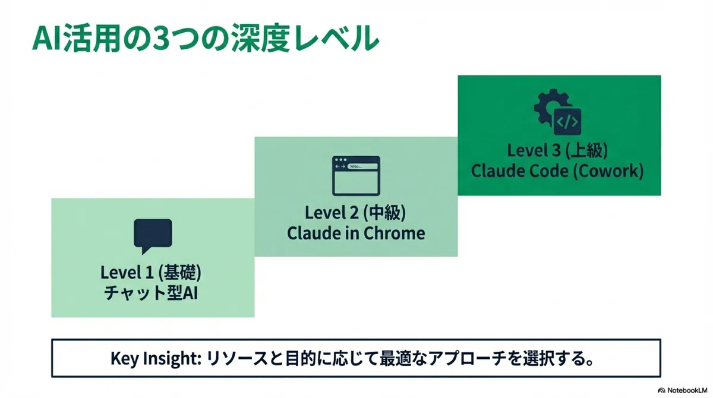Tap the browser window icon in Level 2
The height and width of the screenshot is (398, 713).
coord(356,176)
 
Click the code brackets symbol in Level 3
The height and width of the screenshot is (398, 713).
coord(567,122)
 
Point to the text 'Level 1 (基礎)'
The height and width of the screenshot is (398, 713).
coord(151,273)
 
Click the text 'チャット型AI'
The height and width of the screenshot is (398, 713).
coord(151,293)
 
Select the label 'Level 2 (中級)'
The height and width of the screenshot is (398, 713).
coord(355,213)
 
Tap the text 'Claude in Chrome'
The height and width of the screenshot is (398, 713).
coord(356,233)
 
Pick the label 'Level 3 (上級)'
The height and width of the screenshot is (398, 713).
coord(557,150)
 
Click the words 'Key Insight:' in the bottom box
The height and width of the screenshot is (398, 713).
coord(156,359)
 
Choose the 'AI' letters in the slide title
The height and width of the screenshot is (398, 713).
coord(48,39)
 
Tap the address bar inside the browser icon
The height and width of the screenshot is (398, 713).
coord(362,166)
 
